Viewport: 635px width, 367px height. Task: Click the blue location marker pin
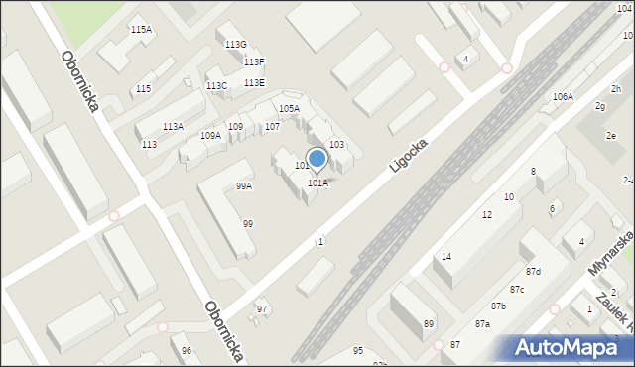pyautogui.click(x=317, y=159)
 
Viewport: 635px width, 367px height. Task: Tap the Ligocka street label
pyautogui.click(x=408, y=154)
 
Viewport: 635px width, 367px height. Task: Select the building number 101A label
pyautogui.click(x=317, y=183)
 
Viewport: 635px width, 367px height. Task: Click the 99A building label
pyautogui.click(x=243, y=185)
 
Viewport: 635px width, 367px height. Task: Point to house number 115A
pyautogui.click(x=142, y=30)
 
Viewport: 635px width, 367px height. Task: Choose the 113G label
pyautogui.click(x=235, y=45)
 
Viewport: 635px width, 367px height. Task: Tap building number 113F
pyautogui.click(x=254, y=62)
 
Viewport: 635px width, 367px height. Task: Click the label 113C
pyautogui.click(x=216, y=86)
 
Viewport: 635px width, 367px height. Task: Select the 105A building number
pyautogui.click(x=289, y=108)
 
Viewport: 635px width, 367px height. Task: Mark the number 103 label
pyautogui.click(x=336, y=145)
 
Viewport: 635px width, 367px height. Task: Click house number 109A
pyautogui.click(x=210, y=135)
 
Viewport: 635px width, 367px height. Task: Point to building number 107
pyautogui.click(x=271, y=127)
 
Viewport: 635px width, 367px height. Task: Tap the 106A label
pyautogui.click(x=563, y=96)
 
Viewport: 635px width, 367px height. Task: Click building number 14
pyautogui.click(x=446, y=257)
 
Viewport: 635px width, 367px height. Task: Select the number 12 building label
pyautogui.click(x=486, y=215)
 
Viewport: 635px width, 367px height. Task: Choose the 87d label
pyautogui.click(x=533, y=271)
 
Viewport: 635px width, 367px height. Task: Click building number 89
pyautogui.click(x=429, y=324)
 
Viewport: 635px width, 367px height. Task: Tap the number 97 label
pyautogui.click(x=262, y=309)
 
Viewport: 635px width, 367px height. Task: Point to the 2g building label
pyautogui.click(x=599, y=105)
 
